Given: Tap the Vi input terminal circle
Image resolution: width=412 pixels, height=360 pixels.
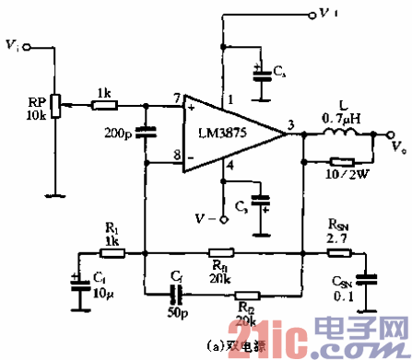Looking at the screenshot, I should [x=27, y=45].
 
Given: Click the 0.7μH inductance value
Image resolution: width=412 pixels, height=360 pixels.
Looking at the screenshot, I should [x=342, y=117].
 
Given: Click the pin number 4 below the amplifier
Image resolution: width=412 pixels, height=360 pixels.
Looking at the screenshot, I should [x=231, y=165].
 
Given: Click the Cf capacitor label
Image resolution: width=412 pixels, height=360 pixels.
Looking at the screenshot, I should [x=177, y=274].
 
